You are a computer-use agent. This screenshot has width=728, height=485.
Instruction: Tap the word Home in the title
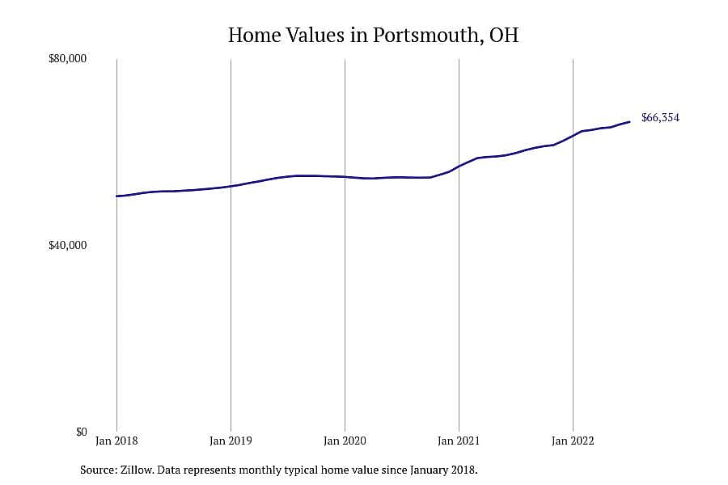click(255, 36)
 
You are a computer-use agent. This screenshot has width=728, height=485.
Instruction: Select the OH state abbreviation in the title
click(504, 36)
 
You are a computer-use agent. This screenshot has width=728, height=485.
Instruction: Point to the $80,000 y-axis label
click(67, 59)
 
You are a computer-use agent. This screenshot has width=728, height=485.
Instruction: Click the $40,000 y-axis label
click(67, 245)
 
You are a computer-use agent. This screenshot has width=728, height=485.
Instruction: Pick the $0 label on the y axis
click(81, 432)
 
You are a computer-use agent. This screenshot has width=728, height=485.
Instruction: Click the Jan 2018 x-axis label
click(116, 441)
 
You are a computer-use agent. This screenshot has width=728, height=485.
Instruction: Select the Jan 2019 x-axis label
click(231, 441)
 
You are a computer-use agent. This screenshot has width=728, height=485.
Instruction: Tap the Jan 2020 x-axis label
click(345, 441)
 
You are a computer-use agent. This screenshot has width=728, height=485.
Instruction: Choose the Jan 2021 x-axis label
click(459, 441)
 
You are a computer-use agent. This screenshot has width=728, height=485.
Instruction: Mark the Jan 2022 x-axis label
click(573, 441)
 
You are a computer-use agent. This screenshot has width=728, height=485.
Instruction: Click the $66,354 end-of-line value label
click(660, 118)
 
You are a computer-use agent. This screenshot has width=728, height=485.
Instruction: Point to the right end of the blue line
click(629, 122)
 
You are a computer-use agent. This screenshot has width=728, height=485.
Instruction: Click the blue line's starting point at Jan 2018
click(117, 196)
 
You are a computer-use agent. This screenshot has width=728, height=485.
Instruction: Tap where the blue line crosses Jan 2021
click(459, 166)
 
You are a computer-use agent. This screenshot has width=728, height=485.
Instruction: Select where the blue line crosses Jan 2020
click(345, 177)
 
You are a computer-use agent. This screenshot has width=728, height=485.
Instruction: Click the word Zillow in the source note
click(137, 470)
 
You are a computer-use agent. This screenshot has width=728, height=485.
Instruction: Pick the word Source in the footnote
click(99, 470)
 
